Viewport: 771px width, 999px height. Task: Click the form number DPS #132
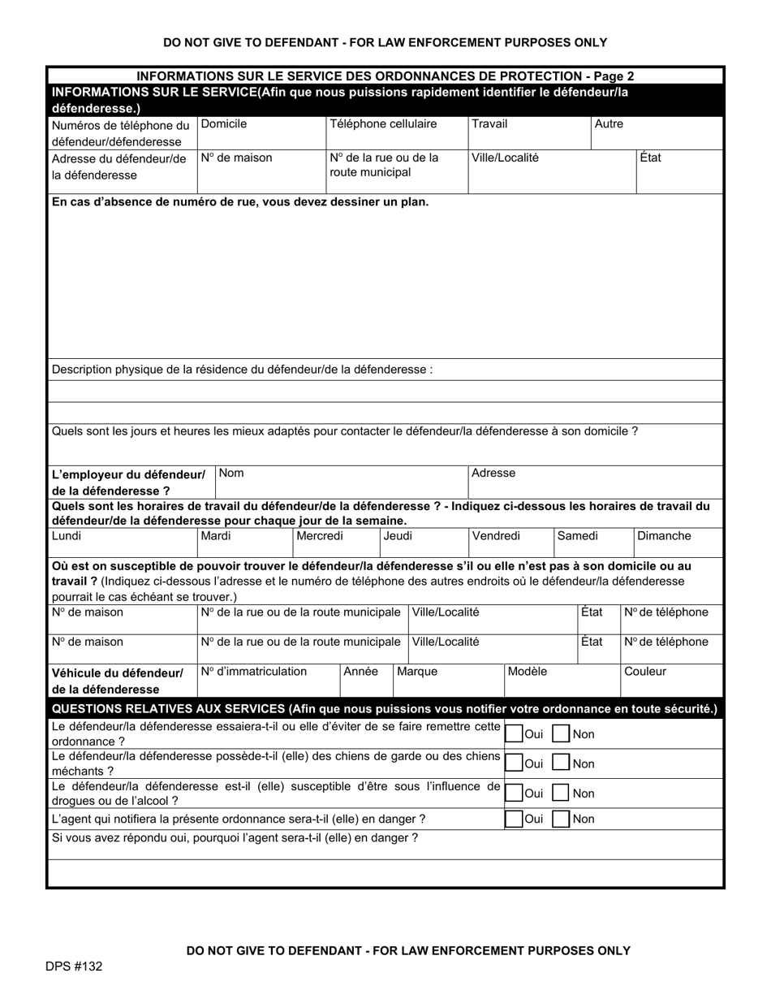point(74,967)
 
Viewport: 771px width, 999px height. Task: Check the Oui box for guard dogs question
point(514,763)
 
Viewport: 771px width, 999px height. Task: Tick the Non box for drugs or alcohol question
point(561,794)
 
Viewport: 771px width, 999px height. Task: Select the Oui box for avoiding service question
point(514,734)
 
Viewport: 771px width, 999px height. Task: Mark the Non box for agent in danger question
point(561,819)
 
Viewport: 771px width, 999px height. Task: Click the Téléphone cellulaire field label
point(383,124)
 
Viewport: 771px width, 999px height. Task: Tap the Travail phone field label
point(489,124)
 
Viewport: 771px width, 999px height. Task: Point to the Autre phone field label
point(609,124)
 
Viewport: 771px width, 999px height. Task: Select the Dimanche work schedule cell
point(664,536)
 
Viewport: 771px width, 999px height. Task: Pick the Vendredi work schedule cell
point(496,536)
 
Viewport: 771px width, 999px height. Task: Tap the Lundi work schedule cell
point(67,536)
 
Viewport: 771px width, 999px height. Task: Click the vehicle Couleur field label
point(645,672)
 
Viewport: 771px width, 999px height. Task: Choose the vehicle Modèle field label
point(528,672)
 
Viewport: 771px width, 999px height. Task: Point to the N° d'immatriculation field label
point(254,672)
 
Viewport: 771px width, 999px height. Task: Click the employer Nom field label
point(232,473)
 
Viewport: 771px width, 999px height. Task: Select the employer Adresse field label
point(493,473)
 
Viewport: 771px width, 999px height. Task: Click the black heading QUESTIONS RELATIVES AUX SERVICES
point(385,709)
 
